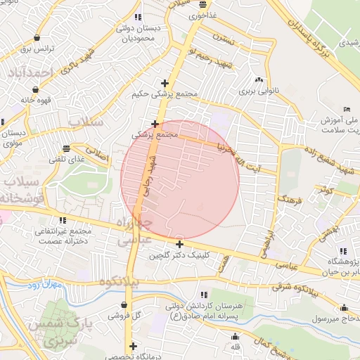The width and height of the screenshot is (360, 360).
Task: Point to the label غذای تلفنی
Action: coord(65,160)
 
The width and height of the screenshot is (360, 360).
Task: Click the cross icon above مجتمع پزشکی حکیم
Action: coord(165,83)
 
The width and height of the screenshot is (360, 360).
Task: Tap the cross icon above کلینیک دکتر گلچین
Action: coord(180,245)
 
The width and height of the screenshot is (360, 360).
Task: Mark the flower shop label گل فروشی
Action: coord(124,316)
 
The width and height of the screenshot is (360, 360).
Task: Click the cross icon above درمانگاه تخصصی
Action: coord(133,346)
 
